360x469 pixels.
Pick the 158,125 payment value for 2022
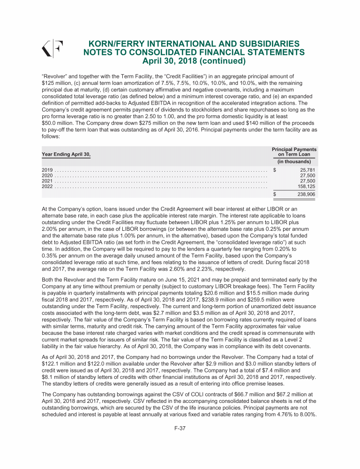306,186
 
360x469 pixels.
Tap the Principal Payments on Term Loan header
295,151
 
